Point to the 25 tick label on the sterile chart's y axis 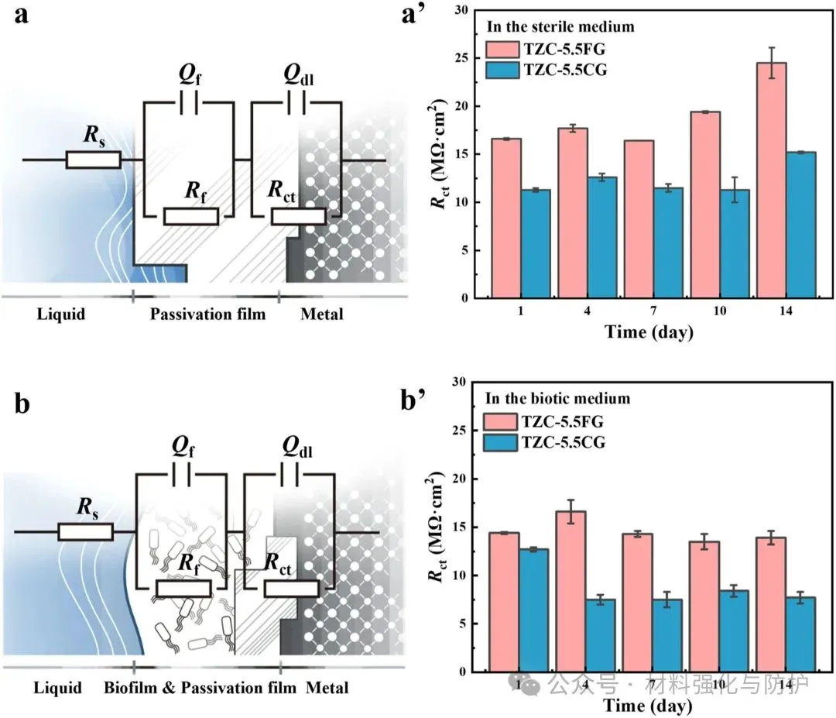pyautogui.click(x=462, y=58)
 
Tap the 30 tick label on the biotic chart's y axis pyautogui.click(x=462, y=383)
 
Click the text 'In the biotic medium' pyautogui.click(x=557, y=400)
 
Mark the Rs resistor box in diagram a pyautogui.click(x=93, y=160)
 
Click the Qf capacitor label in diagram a pyautogui.click(x=190, y=74)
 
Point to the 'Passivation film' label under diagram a pyautogui.click(x=207, y=314)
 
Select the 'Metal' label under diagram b pyautogui.click(x=327, y=688)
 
